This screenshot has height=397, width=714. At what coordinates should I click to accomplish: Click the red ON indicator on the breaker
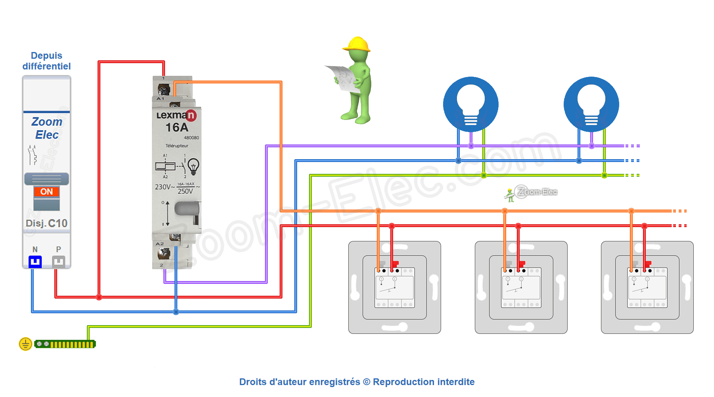coord(46,192)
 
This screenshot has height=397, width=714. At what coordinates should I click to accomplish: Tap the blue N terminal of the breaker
coord(35,262)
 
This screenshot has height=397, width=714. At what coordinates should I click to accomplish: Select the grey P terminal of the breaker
coord(58,262)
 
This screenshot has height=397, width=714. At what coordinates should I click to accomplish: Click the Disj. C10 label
coord(46,224)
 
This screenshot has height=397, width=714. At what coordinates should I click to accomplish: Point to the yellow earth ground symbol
coord(25,344)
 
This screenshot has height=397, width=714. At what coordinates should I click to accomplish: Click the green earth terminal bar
coord(65,344)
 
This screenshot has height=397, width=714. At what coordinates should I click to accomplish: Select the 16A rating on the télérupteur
coord(177,127)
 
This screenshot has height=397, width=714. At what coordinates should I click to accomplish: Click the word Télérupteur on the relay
coord(177,146)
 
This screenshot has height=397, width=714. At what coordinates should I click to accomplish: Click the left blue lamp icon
coord(471,104)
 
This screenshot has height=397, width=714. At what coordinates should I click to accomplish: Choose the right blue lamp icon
coord(591,104)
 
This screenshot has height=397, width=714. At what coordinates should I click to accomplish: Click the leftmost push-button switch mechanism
coord(394,287)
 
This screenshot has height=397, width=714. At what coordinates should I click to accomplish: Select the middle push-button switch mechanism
coord(521,287)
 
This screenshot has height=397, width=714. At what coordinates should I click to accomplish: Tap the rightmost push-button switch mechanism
coord(647,287)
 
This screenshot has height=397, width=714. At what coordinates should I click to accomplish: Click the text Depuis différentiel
coord(46,61)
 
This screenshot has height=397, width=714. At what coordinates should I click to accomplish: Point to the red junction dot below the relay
coord(99,297)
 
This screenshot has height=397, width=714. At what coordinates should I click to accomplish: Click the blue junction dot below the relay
coord(176,312)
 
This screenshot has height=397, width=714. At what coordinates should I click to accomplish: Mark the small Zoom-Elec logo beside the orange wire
coord(532,193)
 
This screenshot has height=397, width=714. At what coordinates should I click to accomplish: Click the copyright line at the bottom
coord(357,382)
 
